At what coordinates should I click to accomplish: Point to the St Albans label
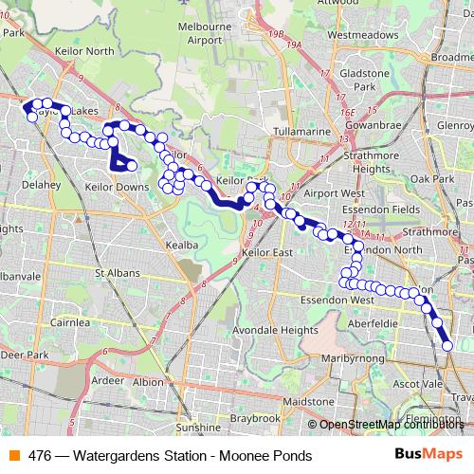click(x=118, y=273)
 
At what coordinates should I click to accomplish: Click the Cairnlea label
click(x=70, y=322)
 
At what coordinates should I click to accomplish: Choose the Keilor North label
click(x=86, y=50)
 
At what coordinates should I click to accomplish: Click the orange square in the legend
click(x=15, y=455)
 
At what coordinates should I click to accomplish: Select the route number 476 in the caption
click(x=40, y=455)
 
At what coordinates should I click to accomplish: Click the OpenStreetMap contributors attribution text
click(x=392, y=425)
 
